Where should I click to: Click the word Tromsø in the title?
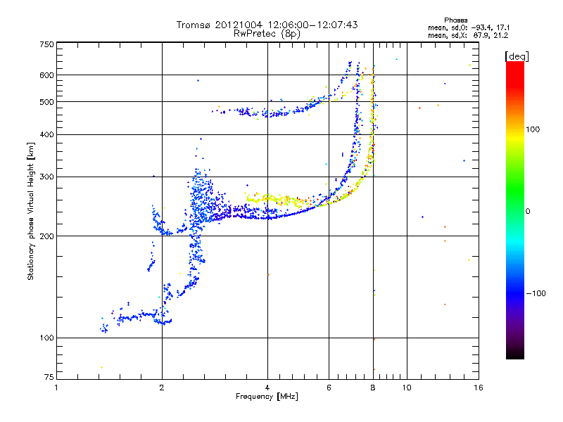194,25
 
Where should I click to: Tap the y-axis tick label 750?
47,44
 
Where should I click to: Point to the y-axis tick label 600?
47,75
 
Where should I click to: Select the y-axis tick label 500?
47,102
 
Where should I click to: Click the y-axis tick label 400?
47,134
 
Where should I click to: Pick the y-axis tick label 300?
47,177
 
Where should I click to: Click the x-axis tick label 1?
57,387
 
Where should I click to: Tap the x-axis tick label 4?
267,387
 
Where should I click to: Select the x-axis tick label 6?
329,387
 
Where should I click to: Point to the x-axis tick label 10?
406,387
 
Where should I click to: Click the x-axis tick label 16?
478,387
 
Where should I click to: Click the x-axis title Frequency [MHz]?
267,397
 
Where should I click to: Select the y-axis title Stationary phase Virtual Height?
31,211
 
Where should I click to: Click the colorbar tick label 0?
528,211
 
